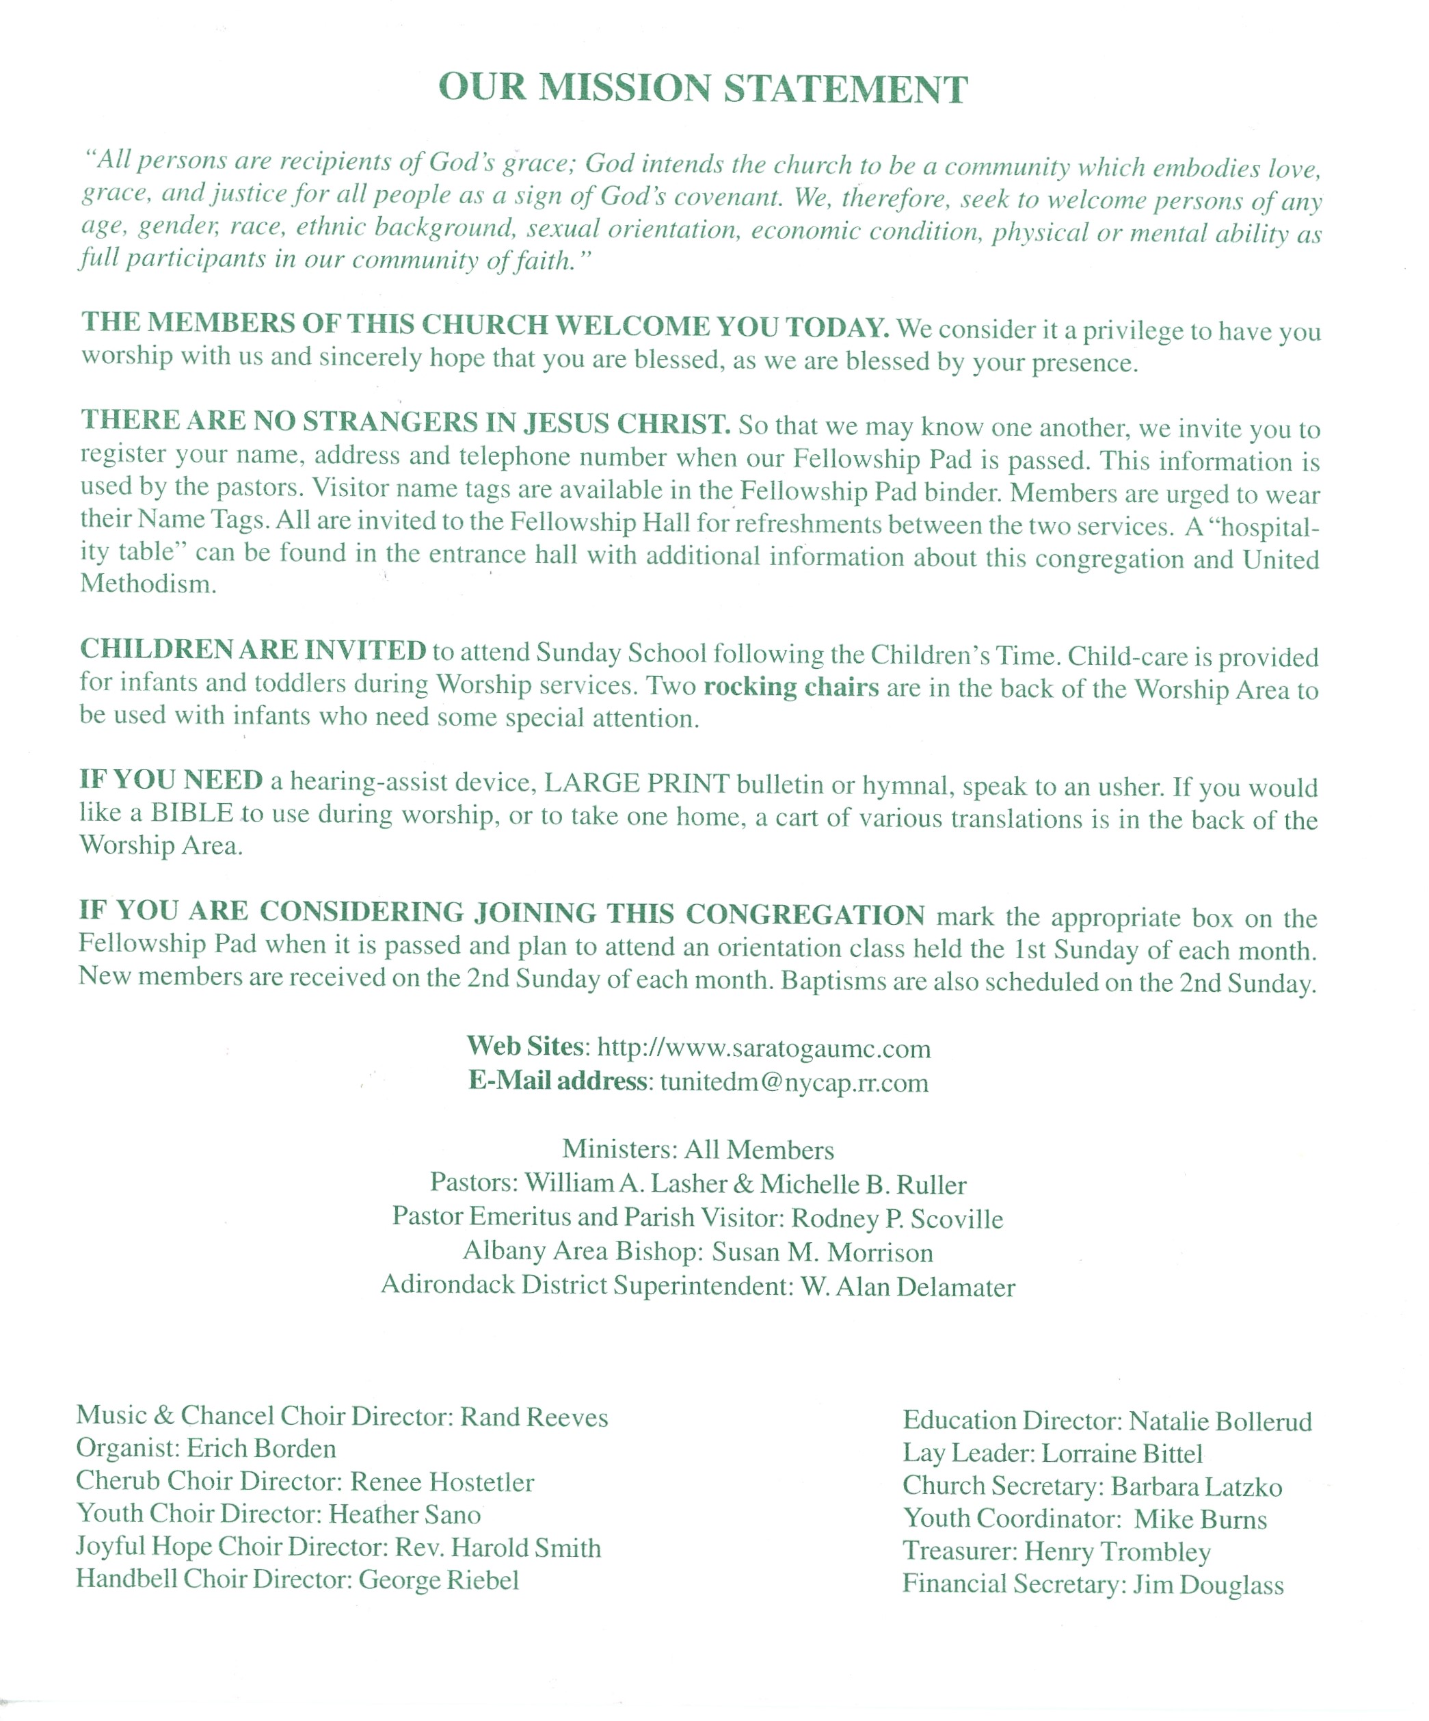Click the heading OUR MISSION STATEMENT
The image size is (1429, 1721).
703,88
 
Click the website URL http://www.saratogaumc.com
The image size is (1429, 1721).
764,1048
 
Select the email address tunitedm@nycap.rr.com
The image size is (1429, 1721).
794,1083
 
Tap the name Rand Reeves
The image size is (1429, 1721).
534,1417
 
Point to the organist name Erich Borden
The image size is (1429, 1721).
261,1449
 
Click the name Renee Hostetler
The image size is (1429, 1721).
442,1482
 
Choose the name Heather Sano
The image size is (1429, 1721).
405,1514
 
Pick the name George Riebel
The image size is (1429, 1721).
438,1579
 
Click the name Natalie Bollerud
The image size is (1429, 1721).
1220,1421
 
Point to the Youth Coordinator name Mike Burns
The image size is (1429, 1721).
1201,1519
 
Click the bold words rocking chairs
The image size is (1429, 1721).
790,686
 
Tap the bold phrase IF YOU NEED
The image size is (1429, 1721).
170,779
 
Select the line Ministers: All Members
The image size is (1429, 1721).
698,1150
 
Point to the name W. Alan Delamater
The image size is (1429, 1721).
908,1287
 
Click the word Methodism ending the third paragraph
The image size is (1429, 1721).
148,583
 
